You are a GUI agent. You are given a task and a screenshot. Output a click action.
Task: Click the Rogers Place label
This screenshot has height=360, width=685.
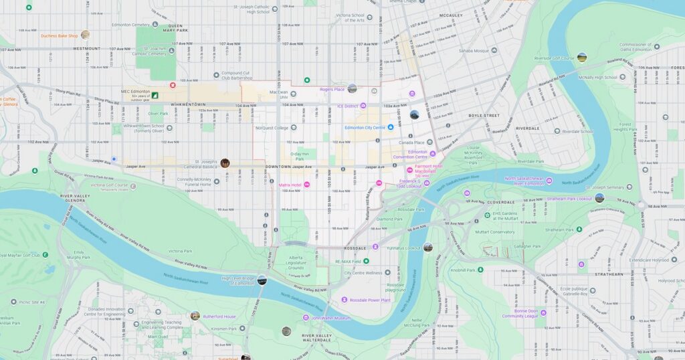click(x=332, y=89)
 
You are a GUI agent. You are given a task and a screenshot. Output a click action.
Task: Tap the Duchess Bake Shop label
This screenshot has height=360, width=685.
click(x=60, y=35)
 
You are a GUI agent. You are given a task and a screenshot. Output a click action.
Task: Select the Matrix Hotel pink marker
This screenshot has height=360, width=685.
click(x=307, y=185)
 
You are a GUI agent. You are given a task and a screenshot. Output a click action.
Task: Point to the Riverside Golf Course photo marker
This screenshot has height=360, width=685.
click(x=582, y=58)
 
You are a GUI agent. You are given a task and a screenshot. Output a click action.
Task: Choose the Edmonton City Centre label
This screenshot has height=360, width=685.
click(x=365, y=127)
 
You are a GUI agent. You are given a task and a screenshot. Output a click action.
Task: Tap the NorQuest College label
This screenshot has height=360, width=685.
click(x=272, y=128)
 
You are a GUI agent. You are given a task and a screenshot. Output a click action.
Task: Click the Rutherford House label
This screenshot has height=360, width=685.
click(x=220, y=317)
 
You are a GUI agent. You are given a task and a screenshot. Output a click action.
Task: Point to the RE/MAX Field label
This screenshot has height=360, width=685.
click(x=353, y=261)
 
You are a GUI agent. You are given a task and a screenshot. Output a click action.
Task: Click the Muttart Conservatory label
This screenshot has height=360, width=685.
click(x=495, y=232)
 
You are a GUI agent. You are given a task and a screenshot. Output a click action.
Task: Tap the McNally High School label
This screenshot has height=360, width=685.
click(x=596, y=77)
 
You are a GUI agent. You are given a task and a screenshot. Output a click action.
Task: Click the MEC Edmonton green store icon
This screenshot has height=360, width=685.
click(x=155, y=96)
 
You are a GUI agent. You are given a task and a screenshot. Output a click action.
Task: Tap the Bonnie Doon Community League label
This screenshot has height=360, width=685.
click(x=520, y=313)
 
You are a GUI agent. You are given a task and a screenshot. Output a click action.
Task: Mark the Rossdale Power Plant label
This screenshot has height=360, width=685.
click(x=370, y=300)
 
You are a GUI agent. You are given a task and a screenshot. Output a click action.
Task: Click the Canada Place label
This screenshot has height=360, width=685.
click(x=411, y=143)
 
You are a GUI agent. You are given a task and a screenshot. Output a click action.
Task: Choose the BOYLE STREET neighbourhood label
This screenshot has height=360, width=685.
click(x=484, y=115)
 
